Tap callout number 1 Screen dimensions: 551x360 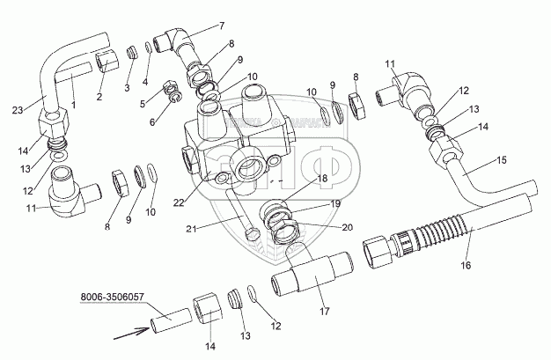coord(73,104)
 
